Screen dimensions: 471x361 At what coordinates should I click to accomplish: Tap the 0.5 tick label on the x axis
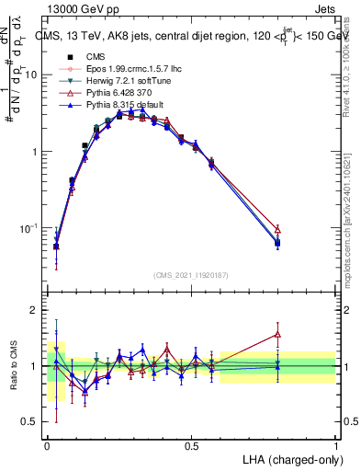click(x=191, y=445)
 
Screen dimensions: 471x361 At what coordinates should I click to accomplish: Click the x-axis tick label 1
click(x=335, y=445)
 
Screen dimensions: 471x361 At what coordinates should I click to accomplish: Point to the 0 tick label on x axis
click(x=48, y=445)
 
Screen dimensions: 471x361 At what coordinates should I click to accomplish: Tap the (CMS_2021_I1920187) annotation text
click(x=191, y=273)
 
